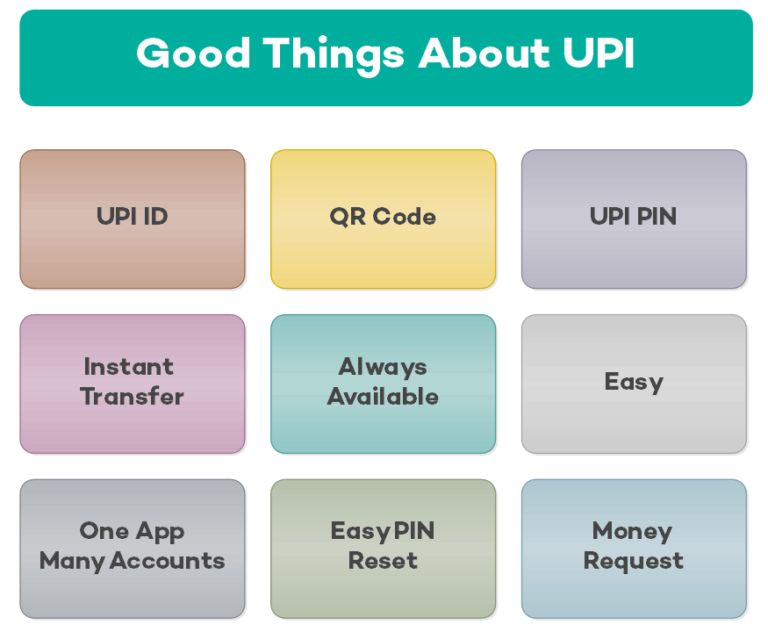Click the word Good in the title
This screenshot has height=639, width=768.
(193, 53)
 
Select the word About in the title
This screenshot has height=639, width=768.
(484, 53)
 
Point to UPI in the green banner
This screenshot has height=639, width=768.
(599, 53)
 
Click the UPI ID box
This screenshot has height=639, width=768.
(133, 219)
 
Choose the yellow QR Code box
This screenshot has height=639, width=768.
(383, 219)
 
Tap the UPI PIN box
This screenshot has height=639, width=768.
(634, 219)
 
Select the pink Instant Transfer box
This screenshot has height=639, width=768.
(133, 384)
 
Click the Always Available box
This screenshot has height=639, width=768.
(383, 384)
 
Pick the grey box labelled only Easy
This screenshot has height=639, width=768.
(634, 384)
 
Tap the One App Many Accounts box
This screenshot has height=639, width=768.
(133, 549)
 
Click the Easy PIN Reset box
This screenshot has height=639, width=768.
(383, 549)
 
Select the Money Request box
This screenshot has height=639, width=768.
(634, 549)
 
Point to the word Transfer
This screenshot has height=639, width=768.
(133, 396)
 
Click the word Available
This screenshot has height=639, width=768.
(383, 396)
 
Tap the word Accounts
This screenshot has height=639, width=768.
(167, 561)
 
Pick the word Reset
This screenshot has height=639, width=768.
(383, 561)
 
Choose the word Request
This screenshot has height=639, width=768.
(634, 562)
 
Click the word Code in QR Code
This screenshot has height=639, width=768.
(404, 217)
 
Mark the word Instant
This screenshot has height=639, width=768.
(129, 367)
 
